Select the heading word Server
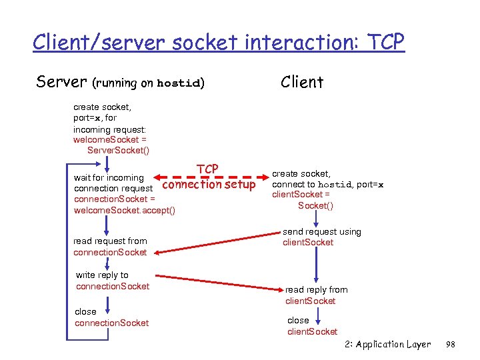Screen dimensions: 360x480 click(62, 82)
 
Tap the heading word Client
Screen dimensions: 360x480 click(302, 82)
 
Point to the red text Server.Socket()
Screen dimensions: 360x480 click(118, 151)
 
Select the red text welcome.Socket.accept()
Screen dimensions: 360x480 click(124, 211)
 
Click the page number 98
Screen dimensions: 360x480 click(450, 345)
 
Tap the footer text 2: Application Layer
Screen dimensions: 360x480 click(388, 345)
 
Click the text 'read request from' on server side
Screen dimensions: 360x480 click(110, 241)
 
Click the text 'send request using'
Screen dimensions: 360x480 click(322, 232)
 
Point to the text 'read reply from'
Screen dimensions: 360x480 click(317, 290)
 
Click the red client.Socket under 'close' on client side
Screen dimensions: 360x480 click(312, 331)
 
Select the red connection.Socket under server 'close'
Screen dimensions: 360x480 click(112, 323)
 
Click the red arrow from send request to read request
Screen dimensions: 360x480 click(213, 243)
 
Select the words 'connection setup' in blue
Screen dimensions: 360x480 click(209, 185)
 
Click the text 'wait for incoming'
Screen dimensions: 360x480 click(109, 178)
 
